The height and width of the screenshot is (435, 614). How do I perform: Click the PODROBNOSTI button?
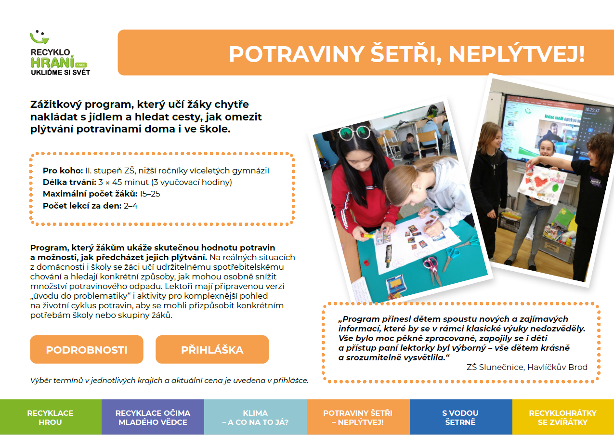(x=87, y=350)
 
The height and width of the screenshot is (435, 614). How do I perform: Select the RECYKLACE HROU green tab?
(x=51, y=418)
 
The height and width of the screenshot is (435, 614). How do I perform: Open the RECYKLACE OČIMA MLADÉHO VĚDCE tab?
(x=153, y=418)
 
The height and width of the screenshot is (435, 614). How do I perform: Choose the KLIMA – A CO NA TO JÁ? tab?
(x=255, y=418)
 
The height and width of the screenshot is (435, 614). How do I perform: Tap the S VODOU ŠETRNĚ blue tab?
(x=460, y=418)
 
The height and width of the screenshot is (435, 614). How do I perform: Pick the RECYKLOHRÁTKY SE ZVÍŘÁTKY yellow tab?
(x=562, y=418)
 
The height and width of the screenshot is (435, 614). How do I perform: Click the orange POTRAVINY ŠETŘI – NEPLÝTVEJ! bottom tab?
(x=358, y=418)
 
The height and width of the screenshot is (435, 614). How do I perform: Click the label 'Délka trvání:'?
(x=69, y=182)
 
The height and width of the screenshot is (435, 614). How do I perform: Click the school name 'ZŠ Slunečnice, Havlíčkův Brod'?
(x=527, y=367)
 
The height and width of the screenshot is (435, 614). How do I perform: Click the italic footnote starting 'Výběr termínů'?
(x=169, y=380)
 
